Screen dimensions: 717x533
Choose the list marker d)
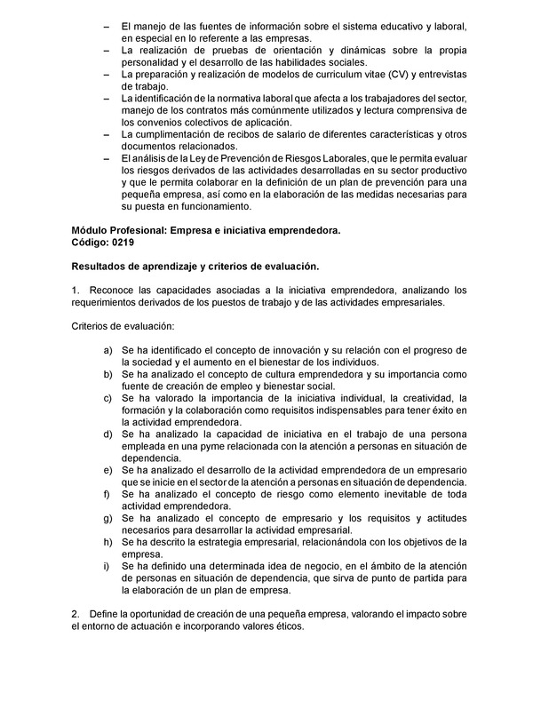107,434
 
